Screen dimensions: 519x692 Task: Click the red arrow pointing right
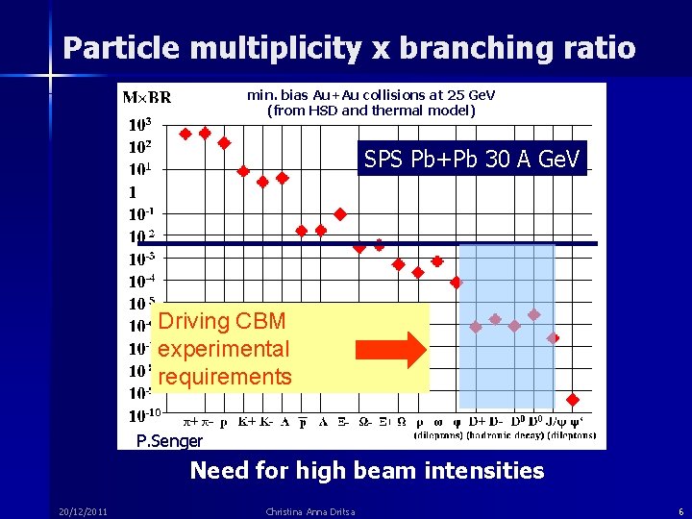390,351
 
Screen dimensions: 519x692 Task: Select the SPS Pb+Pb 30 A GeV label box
472,159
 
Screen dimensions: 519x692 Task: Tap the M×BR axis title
146,97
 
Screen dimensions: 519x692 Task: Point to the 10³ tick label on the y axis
139,125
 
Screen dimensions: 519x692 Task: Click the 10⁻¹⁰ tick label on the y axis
143,415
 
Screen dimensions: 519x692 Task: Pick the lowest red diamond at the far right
573,400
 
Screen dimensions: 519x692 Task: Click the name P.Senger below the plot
170,441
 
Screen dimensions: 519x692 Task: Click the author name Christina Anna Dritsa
309,511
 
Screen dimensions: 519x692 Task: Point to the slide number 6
680,511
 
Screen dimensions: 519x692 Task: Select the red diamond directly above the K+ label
244,171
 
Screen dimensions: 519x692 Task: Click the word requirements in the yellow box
224,376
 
